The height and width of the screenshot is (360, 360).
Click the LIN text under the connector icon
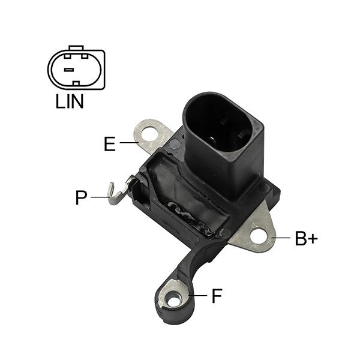[70, 101]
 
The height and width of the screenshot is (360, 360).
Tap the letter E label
[110, 144]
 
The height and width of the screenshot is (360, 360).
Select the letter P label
[81, 197]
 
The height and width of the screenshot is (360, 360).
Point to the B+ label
[306, 238]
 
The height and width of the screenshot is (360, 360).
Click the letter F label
[217, 296]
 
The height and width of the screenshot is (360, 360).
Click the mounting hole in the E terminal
[149, 134]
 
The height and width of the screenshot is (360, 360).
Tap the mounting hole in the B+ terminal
[259, 236]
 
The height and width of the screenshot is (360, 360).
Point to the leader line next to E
[129, 143]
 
